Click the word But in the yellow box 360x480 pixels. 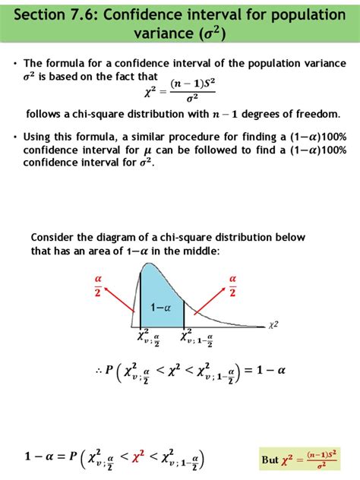pos(270,460)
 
